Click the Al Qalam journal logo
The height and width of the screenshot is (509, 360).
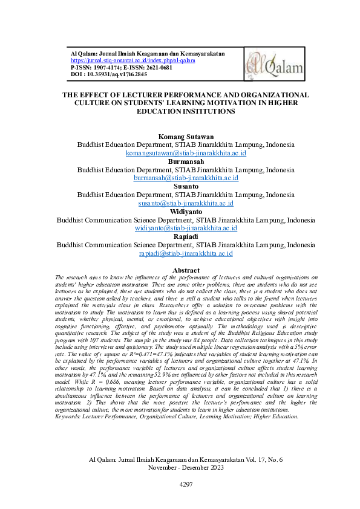click(267, 65)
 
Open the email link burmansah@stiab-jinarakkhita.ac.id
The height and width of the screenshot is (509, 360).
click(186, 178)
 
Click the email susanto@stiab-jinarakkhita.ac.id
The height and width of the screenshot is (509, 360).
click(186, 204)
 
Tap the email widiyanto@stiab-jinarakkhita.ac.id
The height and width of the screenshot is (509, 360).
click(186, 229)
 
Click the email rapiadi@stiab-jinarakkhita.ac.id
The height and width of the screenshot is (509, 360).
click(186, 254)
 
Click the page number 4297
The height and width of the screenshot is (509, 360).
click(186, 485)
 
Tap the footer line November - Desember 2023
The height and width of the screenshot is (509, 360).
click(186, 467)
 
